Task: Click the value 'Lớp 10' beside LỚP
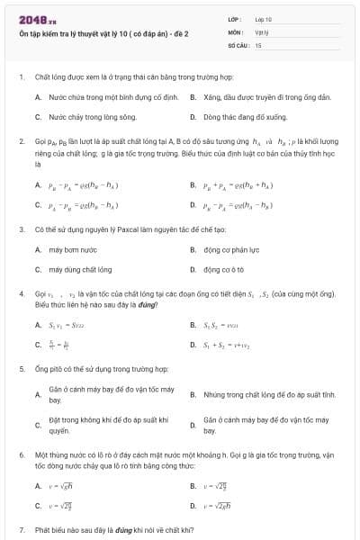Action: [x=264, y=18]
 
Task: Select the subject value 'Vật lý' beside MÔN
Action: [x=262, y=31]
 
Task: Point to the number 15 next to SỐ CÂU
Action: [x=258, y=43]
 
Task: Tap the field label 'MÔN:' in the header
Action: [x=236, y=31]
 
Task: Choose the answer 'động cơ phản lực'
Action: [x=229, y=248]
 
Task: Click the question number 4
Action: [x=21, y=293]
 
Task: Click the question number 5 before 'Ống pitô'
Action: [x=21, y=369]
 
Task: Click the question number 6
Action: [x=21, y=455]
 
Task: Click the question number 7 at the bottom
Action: [x=21, y=531]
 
